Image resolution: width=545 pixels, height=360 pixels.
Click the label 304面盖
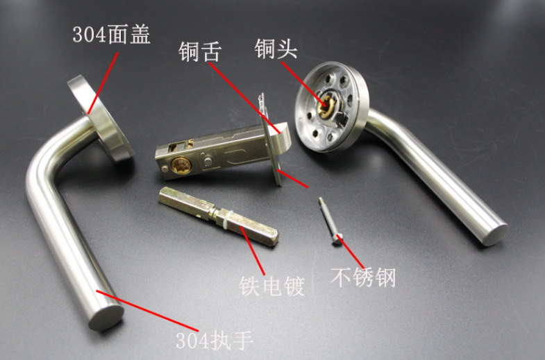[111, 35]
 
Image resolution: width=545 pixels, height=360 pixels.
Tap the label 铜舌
[200, 52]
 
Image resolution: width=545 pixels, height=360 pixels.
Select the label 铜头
[276, 49]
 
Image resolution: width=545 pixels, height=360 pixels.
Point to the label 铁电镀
[271, 286]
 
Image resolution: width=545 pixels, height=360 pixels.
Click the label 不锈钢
[363, 277]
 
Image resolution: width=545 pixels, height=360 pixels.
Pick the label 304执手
[215, 340]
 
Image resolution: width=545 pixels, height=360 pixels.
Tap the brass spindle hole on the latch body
[181, 165]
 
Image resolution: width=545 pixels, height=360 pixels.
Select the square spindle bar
[219, 216]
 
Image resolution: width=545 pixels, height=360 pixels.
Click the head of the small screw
[337, 239]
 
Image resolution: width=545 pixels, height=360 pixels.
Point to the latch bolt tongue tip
[283, 137]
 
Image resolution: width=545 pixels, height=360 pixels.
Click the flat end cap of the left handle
[107, 317]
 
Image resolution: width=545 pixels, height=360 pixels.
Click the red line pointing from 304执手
[148, 311]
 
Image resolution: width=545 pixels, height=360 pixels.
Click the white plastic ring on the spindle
[226, 220]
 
